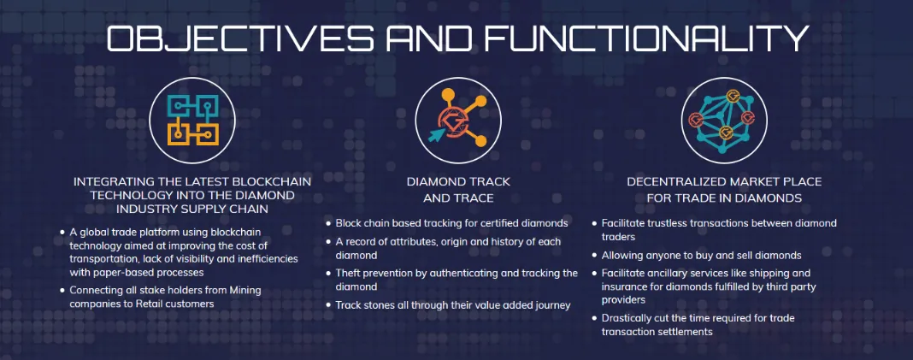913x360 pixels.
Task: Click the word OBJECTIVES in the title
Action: click(x=240, y=38)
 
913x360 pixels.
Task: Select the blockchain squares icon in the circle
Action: click(x=192, y=120)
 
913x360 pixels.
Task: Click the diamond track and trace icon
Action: click(x=457, y=120)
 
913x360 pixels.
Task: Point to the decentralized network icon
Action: click(x=724, y=120)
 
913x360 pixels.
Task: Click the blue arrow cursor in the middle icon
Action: click(x=437, y=134)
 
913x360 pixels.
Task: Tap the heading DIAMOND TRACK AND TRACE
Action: click(x=458, y=190)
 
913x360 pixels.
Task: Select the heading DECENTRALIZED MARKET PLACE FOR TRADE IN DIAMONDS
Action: click(x=724, y=190)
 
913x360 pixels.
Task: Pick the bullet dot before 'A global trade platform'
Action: click(x=62, y=232)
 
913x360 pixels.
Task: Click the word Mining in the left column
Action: click(x=245, y=290)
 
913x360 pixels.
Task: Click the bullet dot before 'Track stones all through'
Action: click(x=328, y=304)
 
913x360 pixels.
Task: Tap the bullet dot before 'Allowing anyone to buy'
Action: click(x=594, y=256)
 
